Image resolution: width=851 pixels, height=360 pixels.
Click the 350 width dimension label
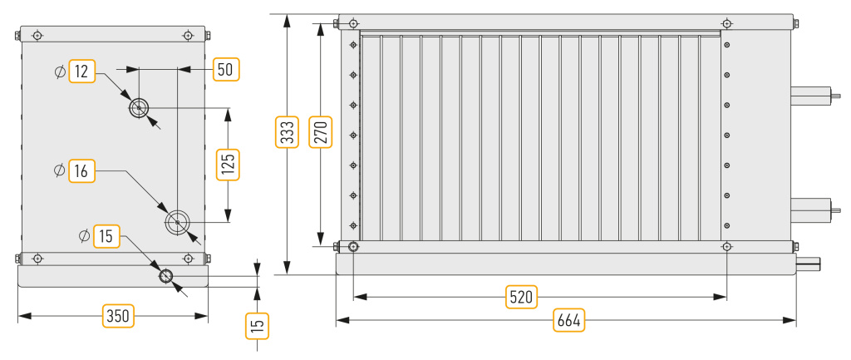(x=118, y=315)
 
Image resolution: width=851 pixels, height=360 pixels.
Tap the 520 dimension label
(x=521, y=297)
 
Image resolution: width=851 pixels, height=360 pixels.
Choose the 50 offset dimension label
(x=225, y=69)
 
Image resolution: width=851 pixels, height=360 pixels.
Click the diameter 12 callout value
(x=81, y=72)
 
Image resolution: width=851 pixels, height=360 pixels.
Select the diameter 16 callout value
(x=81, y=171)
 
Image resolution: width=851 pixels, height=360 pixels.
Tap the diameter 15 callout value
(x=106, y=236)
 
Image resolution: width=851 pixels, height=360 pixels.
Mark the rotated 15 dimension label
(x=258, y=324)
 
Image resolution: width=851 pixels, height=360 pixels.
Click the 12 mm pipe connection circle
(x=139, y=107)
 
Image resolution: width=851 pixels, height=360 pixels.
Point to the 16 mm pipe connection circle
(x=178, y=222)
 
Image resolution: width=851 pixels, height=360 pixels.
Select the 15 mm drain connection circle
(x=166, y=276)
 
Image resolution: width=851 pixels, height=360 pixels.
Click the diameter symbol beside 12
(x=60, y=72)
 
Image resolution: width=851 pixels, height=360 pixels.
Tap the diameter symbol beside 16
(x=60, y=171)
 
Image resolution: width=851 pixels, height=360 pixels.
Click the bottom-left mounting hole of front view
(x=353, y=247)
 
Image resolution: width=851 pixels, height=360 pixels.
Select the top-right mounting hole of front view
(x=726, y=23)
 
